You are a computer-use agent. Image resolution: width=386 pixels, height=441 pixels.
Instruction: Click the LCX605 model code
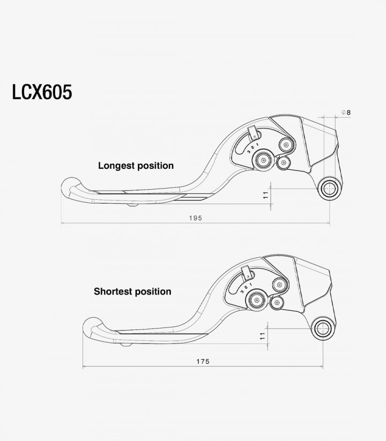click(x=42, y=92)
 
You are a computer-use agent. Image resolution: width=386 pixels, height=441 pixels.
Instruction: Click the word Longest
click(x=116, y=166)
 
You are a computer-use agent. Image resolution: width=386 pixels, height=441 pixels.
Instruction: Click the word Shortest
click(x=113, y=291)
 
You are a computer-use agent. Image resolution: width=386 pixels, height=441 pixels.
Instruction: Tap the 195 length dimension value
click(x=196, y=218)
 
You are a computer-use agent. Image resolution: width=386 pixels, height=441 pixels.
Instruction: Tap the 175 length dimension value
click(x=203, y=361)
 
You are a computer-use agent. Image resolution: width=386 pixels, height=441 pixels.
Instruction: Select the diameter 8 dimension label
click(x=346, y=113)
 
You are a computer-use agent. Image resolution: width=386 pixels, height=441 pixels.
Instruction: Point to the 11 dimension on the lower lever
click(x=263, y=336)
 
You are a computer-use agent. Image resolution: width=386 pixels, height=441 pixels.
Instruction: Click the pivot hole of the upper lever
click(x=330, y=189)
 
